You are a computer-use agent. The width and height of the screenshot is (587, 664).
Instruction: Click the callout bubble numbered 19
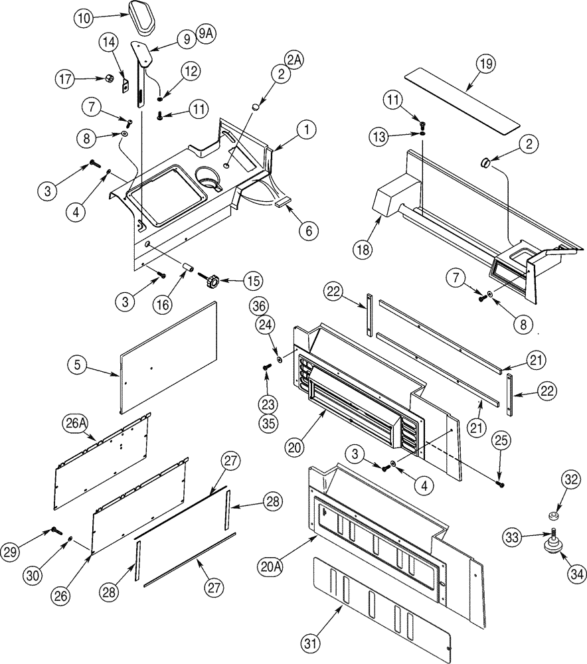(486, 64)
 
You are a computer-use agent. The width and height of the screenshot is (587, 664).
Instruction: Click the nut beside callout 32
(552, 515)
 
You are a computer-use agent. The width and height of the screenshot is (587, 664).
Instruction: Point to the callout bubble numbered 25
(501, 439)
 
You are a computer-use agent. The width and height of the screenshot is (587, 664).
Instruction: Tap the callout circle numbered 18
(364, 250)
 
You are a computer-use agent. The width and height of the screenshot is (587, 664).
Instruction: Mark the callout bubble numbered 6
(308, 230)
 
